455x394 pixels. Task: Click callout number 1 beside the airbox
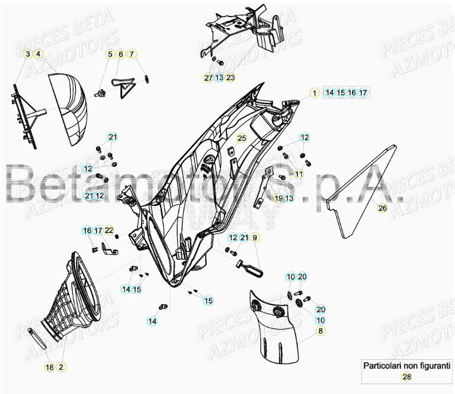click(x=315, y=92)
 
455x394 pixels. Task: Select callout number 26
click(x=382, y=208)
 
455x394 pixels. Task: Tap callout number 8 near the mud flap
click(x=321, y=331)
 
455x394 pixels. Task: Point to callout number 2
click(x=60, y=367)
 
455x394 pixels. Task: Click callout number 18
click(x=49, y=367)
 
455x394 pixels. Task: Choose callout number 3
click(x=28, y=54)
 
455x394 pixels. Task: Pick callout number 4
click(x=39, y=54)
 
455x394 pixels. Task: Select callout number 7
click(x=132, y=54)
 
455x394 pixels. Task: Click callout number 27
click(x=208, y=77)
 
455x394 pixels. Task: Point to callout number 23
click(x=230, y=77)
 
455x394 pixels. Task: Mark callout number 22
click(x=109, y=230)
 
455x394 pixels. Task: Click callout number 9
click(x=255, y=238)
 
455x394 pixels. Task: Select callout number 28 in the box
click(x=407, y=377)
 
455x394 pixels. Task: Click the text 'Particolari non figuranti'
click(x=407, y=366)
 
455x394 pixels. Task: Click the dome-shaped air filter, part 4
click(x=68, y=109)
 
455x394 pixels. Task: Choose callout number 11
click(x=298, y=174)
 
